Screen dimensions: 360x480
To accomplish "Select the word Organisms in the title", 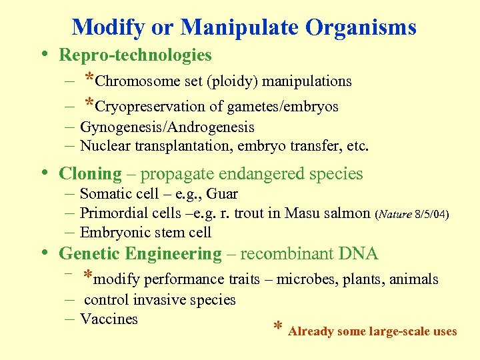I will click(361, 27).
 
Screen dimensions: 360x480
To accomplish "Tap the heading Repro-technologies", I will click(135, 55).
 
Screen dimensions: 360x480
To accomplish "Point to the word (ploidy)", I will click(233, 81).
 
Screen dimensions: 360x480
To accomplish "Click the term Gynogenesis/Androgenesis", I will click(167, 127).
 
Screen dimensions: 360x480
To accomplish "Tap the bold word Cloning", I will click(91, 175).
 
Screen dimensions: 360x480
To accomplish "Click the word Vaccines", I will click(109, 319).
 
